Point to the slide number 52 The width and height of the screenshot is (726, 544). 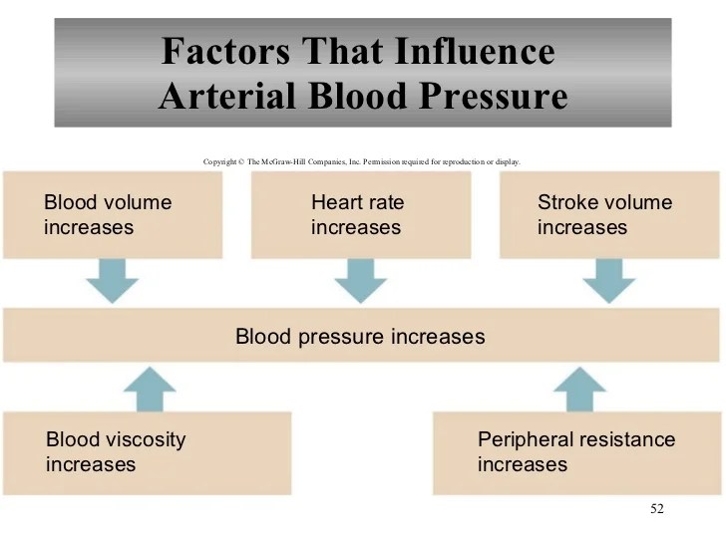click(656, 510)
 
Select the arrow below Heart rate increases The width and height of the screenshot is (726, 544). click(360, 282)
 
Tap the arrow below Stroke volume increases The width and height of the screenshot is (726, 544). click(607, 282)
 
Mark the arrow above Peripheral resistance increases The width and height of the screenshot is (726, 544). click(578, 388)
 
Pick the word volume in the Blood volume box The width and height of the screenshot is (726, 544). click(138, 203)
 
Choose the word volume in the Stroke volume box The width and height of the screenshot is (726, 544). click(637, 203)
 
